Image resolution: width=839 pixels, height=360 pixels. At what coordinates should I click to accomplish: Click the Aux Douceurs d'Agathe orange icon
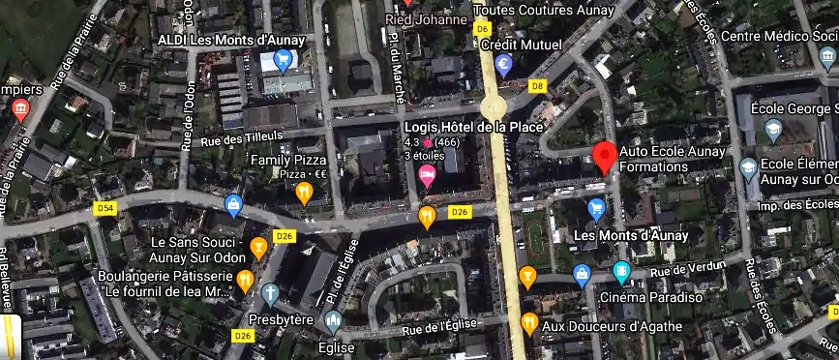[528, 323]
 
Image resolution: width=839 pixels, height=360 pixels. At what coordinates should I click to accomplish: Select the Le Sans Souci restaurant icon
[258, 249]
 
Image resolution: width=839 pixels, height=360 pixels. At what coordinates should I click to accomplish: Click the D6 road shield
[483, 29]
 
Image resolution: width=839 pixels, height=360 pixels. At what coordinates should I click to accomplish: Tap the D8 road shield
[538, 86]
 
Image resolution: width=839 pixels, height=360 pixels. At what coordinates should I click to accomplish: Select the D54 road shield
[105, 208]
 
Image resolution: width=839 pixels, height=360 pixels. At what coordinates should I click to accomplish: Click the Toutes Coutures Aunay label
[545, 11]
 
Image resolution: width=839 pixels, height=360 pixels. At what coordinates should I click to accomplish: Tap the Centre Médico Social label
[779, 37]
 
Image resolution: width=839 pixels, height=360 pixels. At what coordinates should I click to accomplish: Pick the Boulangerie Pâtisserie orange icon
[245, 282]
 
